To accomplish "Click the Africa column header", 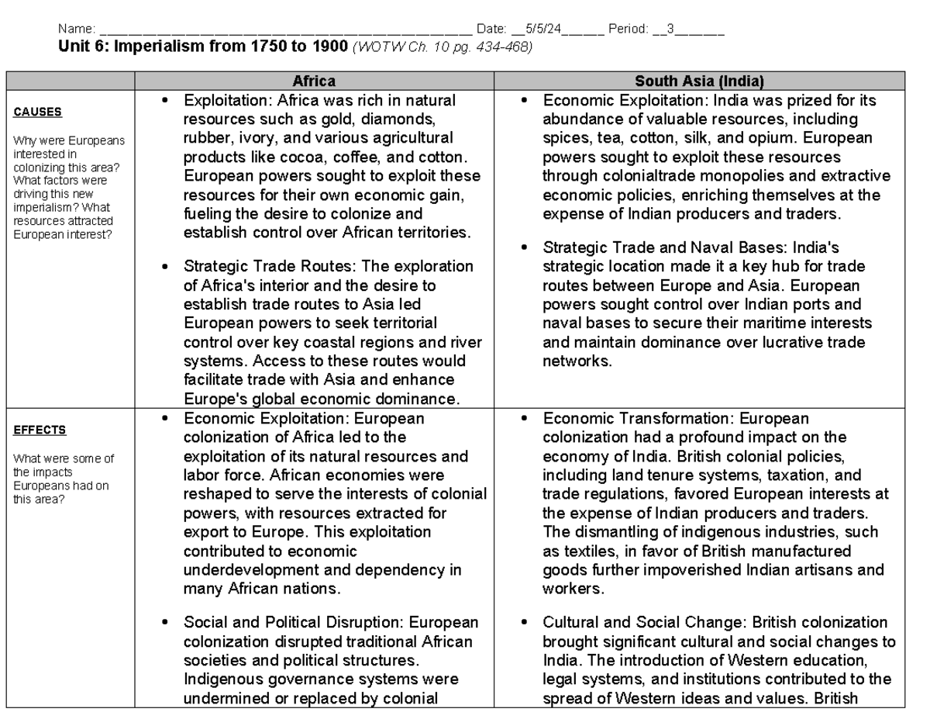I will point(314,81).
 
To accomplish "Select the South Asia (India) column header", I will point(699,81).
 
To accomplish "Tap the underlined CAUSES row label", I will point(37,112).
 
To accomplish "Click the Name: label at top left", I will point(77,29).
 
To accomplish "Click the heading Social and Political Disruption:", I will point(294,623).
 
